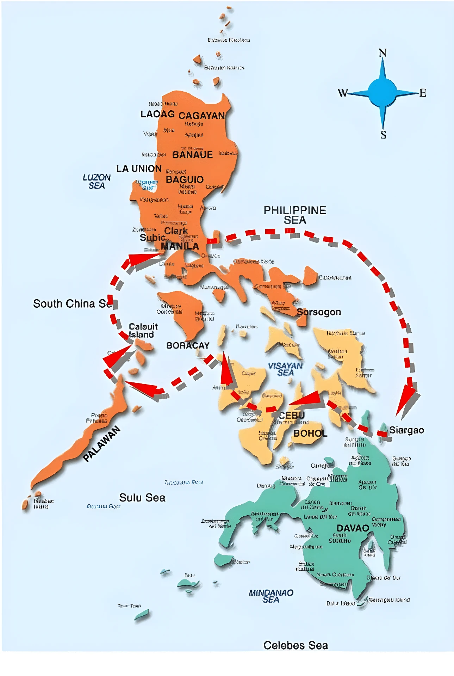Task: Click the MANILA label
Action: [180, 246]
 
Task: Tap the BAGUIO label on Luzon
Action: [185, 179]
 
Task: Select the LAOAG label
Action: [157, 114]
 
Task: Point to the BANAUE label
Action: [192, 154]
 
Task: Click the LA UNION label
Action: [139, 168]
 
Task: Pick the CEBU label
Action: [291, 415]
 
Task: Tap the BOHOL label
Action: [310, 433]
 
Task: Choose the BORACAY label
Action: [188, 345]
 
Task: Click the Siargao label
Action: [406, 430]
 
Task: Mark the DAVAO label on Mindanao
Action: [353, 528]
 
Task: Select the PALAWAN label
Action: [102, 444]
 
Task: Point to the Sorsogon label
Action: [319, 312]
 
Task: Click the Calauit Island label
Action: [143, 330]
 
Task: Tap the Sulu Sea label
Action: [142, 497]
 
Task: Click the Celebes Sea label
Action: [296, 645]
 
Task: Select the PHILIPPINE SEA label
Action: [295, 215]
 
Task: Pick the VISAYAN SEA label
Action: [285, 369]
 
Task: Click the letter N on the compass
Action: [383, 53]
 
